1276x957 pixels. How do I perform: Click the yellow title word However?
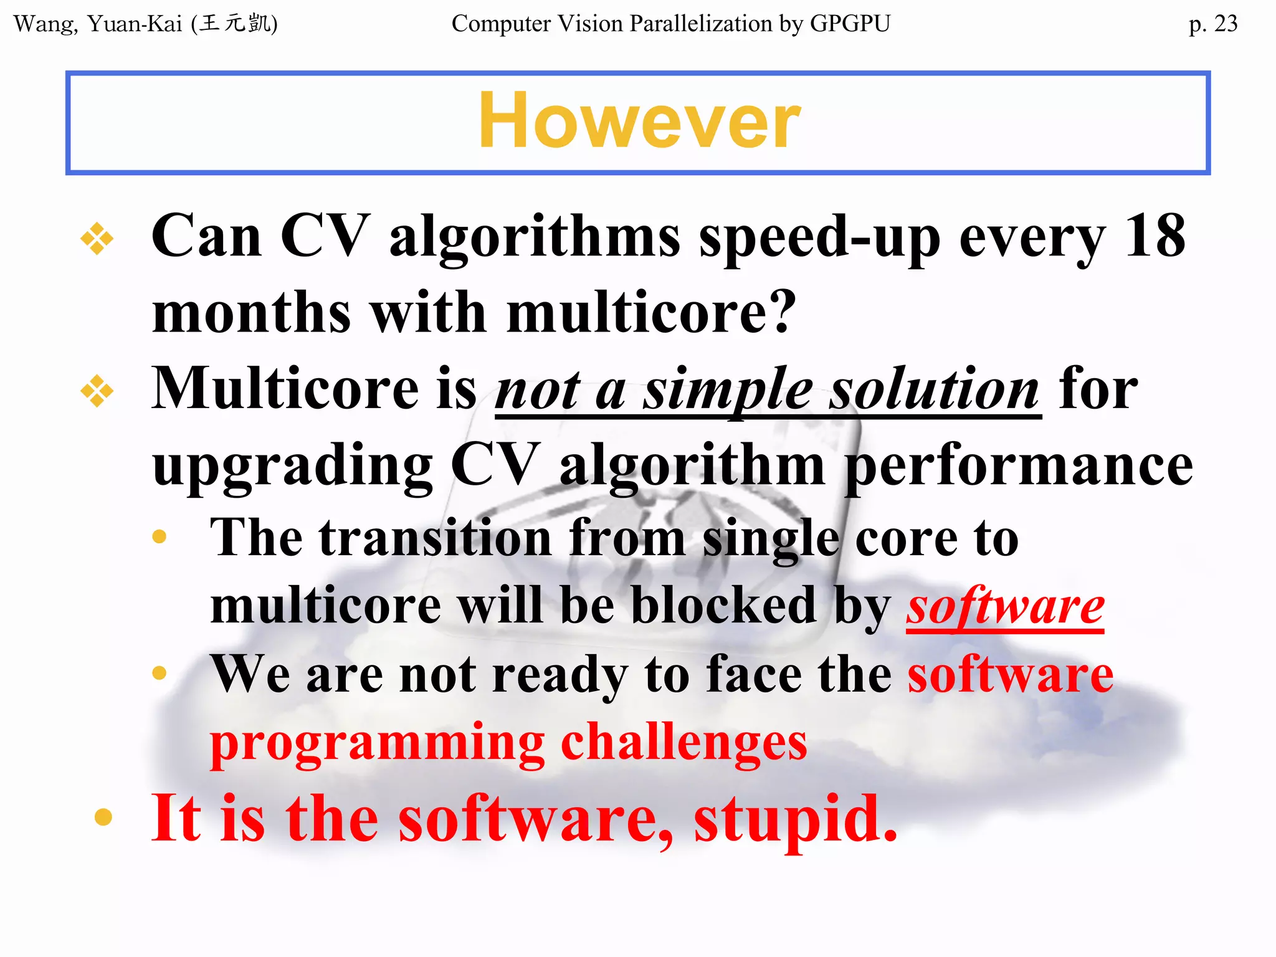[639, 121]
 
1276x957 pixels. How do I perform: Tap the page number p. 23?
[1212, 24]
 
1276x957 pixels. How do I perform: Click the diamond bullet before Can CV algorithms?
[97, 239]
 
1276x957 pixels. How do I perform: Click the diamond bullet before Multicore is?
[97, 391]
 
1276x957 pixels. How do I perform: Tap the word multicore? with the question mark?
[651, 312]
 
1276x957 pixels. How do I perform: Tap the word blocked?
[723, 605]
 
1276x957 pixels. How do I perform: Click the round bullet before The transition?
[159, 536]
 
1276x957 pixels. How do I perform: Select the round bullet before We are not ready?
[159, 673]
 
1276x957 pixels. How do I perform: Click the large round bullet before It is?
[103, 817]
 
